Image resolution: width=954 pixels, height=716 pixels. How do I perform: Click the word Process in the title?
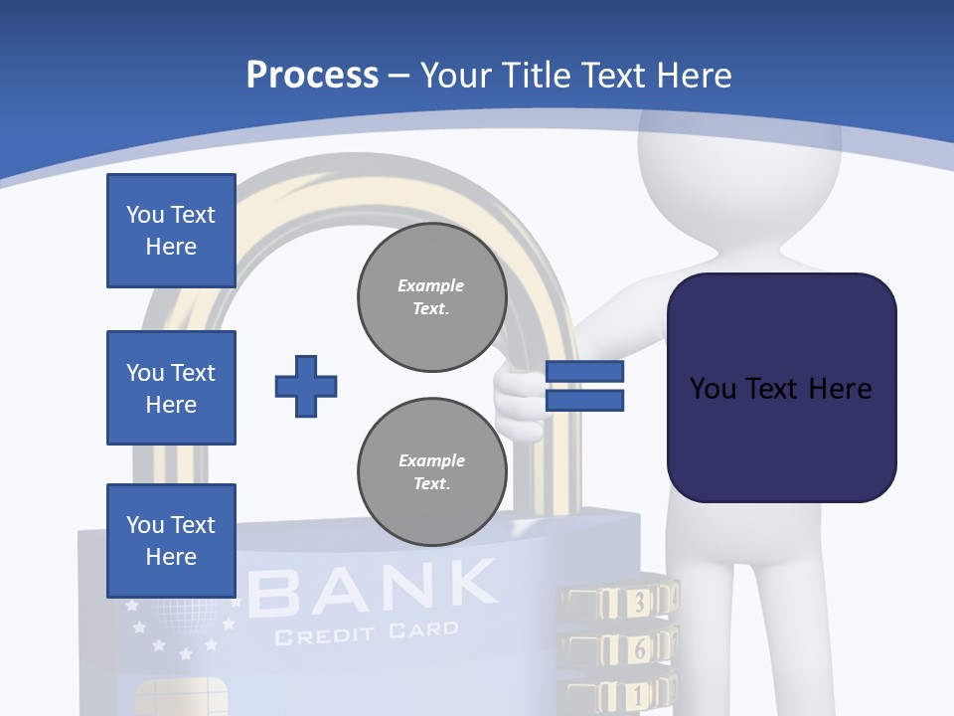pos(312,76)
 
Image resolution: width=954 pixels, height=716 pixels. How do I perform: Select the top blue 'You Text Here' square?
pos(171,231)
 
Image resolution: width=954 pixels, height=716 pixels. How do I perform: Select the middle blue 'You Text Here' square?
pos(171,388)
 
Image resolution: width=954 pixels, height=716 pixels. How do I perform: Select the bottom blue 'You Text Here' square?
pos(171,541)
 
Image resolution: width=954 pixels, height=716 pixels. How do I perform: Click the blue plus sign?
pos(306,386)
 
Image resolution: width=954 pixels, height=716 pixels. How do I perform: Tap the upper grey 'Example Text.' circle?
pos(432,297)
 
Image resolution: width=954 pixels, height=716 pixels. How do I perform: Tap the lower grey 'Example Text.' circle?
pos(432,472)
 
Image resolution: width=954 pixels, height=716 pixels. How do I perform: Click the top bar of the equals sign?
pos(584,372)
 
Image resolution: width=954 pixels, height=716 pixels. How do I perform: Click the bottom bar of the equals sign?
pos(584,401)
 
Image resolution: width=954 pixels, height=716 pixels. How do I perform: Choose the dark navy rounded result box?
pos(781,388)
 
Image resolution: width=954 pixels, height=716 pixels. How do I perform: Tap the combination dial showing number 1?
pos(636,694)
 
